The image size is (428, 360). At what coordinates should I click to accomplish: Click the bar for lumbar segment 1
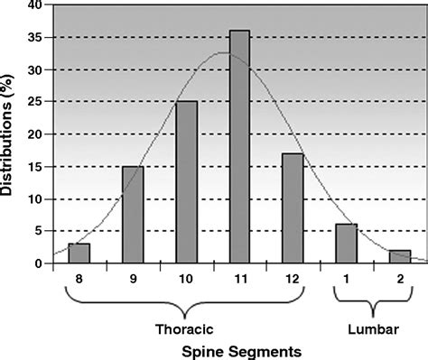(346, 244)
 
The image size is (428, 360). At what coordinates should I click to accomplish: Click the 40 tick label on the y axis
(35, 6)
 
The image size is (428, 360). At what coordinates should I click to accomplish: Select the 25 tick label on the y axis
(35, 102)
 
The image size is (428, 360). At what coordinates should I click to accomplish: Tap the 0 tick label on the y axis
(39, 263)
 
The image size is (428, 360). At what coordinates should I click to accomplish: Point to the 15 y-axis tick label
(35, 167)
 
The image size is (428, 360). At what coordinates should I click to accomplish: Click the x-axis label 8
(79, 280)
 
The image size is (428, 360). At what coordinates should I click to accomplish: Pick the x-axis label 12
(292, 280)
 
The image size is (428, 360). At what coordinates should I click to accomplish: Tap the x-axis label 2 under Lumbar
(398, 280)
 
